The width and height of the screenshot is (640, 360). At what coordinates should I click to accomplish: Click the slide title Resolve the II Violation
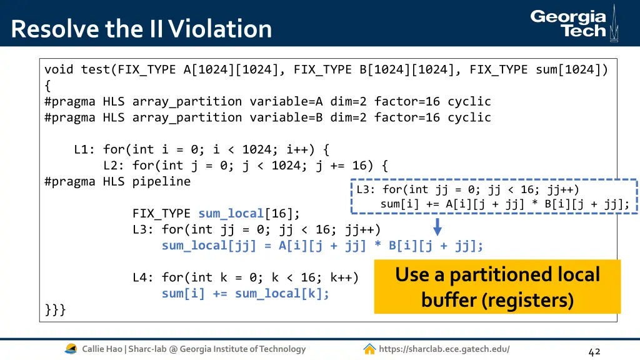pyautogui.click(x=141, y=29)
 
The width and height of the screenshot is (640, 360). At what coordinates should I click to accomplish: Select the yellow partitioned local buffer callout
pyautogui.click(x=497, y=287)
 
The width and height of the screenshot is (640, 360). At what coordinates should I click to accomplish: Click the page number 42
pyautogui.click(x=594, y=351)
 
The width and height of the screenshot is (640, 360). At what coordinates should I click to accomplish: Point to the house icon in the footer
pyautogui.click(x=369, y=349)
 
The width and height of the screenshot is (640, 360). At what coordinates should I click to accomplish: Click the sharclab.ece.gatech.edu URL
pyautogui.click(x=444, y=349)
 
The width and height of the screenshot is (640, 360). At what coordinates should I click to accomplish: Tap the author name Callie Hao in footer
pyautogui.click(x=104, y=349)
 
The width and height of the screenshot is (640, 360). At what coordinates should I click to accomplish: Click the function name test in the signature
pyautogui.click(x=96, y=69)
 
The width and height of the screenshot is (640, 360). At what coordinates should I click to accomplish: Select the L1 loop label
pyautogui.click(x=84, y=149)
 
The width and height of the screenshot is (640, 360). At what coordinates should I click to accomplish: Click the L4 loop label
pyautogui.click(x=143, y=277)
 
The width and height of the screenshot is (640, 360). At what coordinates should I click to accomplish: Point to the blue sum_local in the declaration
pyautogui.click(x=231, y=214)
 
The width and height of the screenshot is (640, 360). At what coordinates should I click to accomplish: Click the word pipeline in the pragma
pyautogui.click(x=161, y=182)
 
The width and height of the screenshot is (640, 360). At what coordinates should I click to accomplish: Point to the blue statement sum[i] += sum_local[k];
pyautogui.click(x=246, y=294)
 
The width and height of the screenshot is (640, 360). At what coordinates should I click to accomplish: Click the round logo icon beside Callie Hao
pyautogui.click(x=71, y=349)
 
